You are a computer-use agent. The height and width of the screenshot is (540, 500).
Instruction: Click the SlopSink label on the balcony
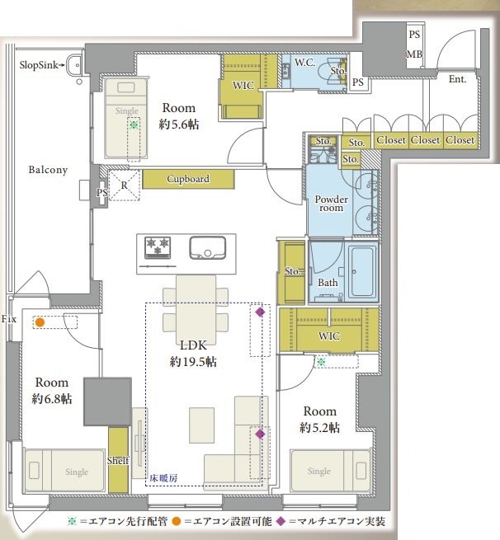38,65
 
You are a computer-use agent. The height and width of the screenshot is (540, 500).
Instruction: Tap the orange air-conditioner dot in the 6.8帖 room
40,322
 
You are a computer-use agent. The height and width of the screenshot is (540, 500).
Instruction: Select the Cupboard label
188,179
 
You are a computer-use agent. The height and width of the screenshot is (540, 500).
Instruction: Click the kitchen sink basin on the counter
207,247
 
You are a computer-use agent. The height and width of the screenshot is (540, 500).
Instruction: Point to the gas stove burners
158,247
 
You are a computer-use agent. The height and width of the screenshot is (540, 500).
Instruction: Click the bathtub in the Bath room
362,271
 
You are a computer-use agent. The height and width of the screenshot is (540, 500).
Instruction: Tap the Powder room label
331,204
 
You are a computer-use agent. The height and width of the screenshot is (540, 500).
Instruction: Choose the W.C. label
304,63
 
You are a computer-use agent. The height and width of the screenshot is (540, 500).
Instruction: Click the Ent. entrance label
457,79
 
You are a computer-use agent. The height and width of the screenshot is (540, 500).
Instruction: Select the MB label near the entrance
414,54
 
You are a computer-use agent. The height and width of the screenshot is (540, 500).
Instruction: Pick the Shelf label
118,461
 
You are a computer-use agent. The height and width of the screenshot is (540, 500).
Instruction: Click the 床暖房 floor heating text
163,478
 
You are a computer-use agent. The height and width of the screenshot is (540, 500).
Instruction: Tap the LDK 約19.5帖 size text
193,354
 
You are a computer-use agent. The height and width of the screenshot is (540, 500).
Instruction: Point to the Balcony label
48,170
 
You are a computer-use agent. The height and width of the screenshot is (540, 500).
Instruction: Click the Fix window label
8,319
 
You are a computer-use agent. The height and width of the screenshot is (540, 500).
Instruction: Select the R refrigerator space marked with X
124,185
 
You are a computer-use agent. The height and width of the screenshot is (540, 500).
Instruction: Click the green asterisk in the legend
72,521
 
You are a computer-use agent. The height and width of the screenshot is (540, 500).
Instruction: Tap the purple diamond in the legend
281,521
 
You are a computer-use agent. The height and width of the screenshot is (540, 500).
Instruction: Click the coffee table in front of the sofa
201,425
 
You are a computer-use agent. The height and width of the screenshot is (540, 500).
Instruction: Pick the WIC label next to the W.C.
243,86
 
